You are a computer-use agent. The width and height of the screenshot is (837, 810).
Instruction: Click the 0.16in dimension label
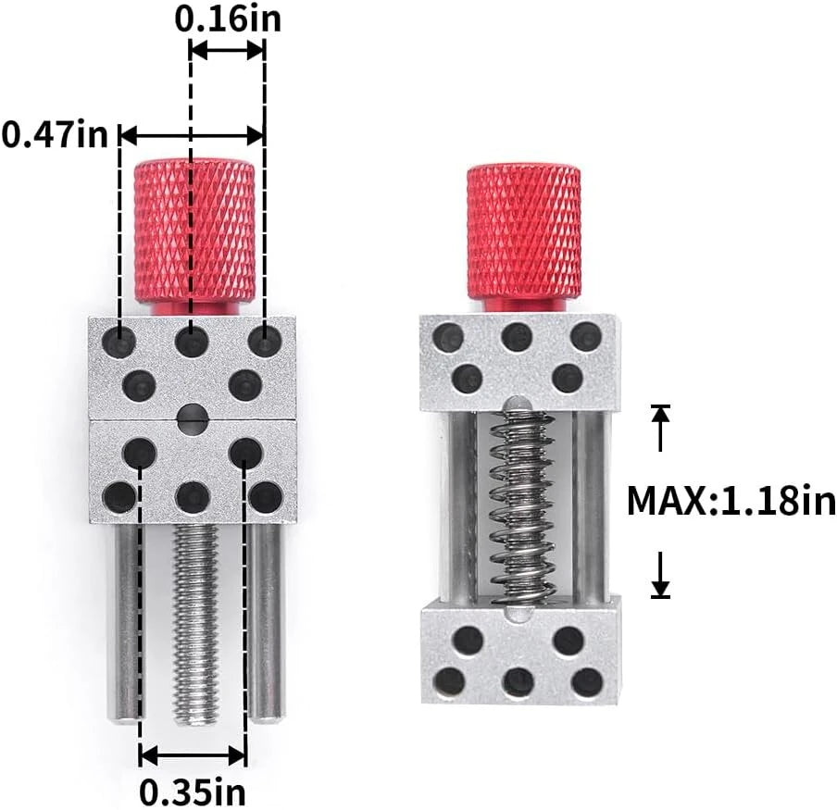click(x=228, y=19)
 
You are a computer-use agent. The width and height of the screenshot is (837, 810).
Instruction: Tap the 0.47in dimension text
click(x=55, y=134)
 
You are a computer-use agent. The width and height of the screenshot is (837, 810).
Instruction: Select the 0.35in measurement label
click(x=193, y=793)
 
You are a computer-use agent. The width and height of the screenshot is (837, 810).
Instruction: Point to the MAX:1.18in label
click(x=731, y=501)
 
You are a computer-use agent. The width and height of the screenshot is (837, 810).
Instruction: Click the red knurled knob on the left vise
click(x=194, y=236)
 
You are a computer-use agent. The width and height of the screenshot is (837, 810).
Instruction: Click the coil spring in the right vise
click(x=521, y=507)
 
